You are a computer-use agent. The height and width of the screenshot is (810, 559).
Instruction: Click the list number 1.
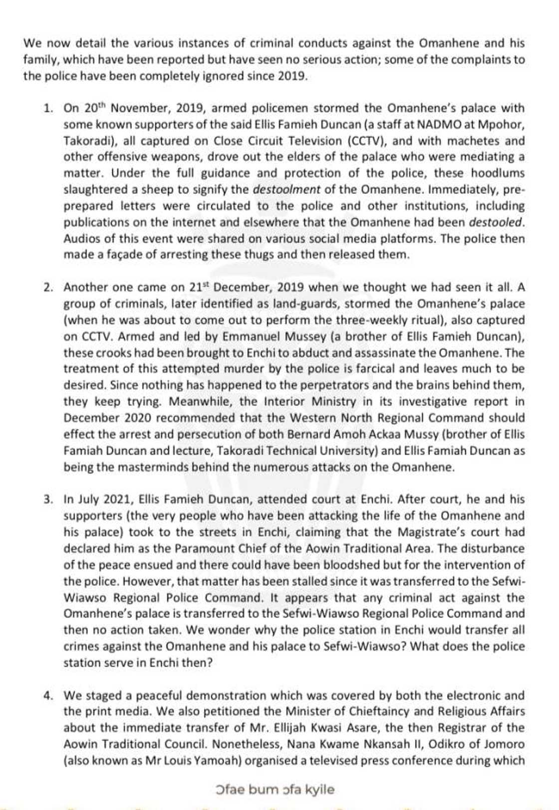click(47, 108)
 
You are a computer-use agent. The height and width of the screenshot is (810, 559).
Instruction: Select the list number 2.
click(47, 287)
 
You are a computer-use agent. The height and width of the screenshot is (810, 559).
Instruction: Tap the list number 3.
click(47, 499)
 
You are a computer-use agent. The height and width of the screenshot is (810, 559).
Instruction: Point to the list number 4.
click(47, 696)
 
